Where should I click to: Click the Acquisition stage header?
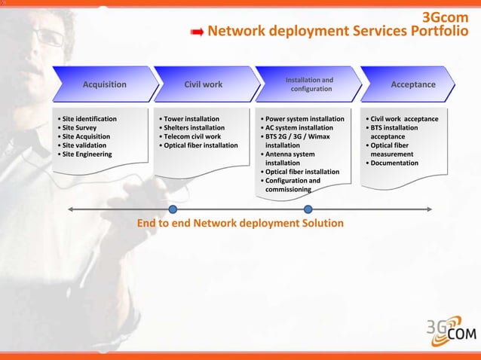pyautogui.click(x=104, y=84)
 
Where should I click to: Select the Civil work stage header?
pyautogui.click(x=204, y=84)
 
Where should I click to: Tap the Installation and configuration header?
pyautogui.click(x=309, y=84)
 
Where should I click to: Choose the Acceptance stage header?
pyautogui.click(x=412, y=84)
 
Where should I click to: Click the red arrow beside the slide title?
pyautogui.click(x=197, y=32)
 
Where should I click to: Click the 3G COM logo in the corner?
pyautogui.click(x=449, y=329)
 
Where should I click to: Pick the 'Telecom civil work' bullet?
pyautogui.click(x=190, y=137)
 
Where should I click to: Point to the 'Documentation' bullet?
pyautogui.click(x=391, y=163)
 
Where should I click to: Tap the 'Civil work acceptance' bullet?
pyautogui.click(x=401, y=119)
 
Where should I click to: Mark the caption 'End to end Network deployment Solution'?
pyautogui.click(x=240, y=224)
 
